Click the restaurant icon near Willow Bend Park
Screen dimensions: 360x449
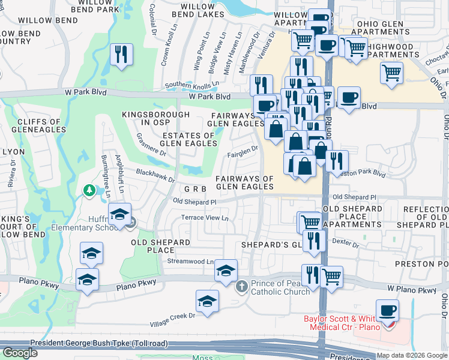(x=122, y=55)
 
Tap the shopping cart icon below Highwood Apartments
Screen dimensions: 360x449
(x=391, y=73)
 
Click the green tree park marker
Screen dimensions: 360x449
(x=89, y=190)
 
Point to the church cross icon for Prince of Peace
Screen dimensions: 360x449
(x=242, y=286)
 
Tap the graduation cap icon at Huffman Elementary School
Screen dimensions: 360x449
(x=120, y=215)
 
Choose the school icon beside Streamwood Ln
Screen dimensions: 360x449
(x=226, y=271)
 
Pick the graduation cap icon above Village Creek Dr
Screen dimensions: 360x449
(x=207, y=301)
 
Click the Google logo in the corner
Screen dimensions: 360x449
(x=20, y=353)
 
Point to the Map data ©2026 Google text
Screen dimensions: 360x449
(x=411, y=355)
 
